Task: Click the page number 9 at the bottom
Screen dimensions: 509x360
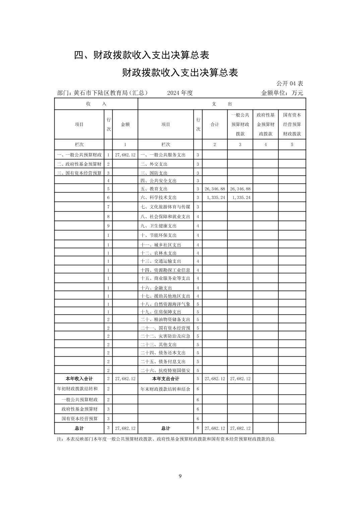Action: tap(180, 476)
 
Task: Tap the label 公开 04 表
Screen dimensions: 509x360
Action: tap(290, 83)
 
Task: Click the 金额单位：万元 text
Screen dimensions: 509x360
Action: tap(282, 93)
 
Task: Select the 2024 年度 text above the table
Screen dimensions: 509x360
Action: tap(180, 93)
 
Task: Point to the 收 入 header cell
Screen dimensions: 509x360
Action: tap(96, 104)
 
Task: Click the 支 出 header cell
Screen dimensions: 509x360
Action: tap(222, 104)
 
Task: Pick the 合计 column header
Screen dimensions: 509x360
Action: tap(215, 124)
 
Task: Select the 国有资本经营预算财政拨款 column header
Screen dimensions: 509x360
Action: tap(292, 124)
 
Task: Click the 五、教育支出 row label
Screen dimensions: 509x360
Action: tap(154, 189)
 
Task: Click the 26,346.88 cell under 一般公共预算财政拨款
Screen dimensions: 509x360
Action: tap(240, 189)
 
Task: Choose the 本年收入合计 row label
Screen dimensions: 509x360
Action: tap(79, 379)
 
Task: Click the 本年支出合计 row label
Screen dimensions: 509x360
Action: tap(166, 379)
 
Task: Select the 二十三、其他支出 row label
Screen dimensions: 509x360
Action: tap(159, 344)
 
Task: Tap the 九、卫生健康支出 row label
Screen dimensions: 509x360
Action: tap(159, 226)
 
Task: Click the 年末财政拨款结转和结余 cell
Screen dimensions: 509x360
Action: tap(166, 389)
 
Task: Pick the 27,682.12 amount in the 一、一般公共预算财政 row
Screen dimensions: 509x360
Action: tap(125, 155)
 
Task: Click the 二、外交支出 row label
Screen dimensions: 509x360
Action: tap(154, 164)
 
